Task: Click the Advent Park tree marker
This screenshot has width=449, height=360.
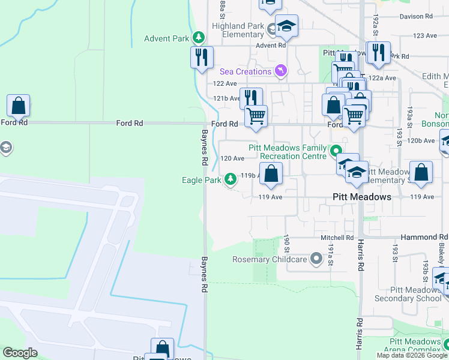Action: click(198, 38)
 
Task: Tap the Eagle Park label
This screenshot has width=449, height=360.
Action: click(202, 180)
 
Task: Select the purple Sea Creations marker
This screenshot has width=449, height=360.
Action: click(280, 71)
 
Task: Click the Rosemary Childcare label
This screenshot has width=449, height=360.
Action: click(270, 260)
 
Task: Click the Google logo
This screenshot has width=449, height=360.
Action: click(20, 353)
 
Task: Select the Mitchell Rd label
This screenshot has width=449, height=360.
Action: click(337, 238)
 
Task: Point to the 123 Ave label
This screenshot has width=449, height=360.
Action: click(425, 36)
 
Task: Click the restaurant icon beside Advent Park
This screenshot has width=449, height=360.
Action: click(202, 57)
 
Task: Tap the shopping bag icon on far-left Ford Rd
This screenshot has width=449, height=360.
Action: click(19, 106)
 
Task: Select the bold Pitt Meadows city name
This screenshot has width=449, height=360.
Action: click(362, 197)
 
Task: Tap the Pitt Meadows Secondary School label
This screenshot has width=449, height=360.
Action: click(408, 294)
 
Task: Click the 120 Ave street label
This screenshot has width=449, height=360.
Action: click(232, 158)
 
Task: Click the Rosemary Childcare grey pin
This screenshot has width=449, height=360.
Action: click(316, 260)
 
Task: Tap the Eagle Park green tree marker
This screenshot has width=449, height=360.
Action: click(231, 179)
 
